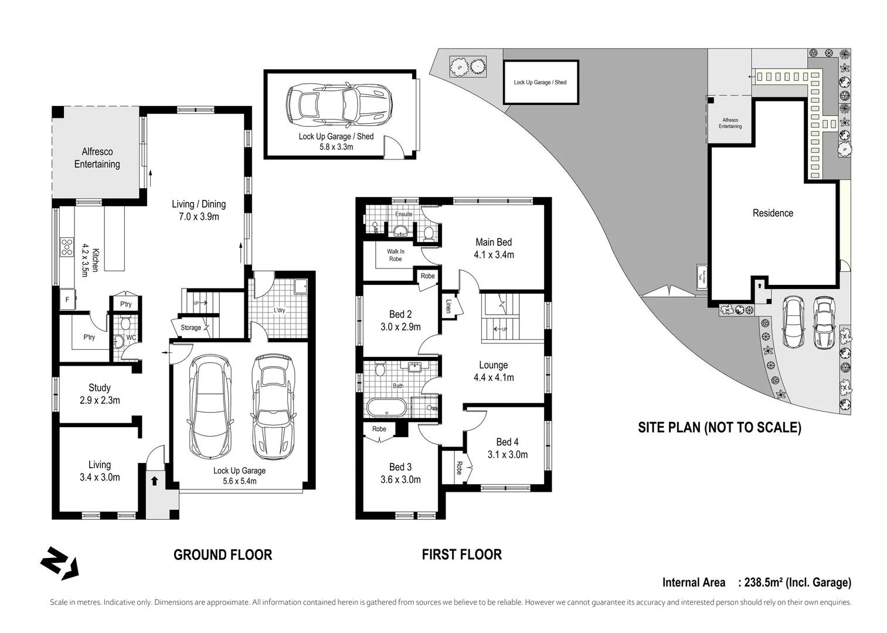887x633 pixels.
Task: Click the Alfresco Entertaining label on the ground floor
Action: [x=97, y=158]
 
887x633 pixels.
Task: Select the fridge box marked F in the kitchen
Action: [x=67, y=300]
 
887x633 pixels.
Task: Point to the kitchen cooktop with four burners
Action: [x=66, y=247]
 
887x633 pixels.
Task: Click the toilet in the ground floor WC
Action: [x=125, y=324]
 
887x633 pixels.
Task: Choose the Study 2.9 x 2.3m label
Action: [x=100, y=394]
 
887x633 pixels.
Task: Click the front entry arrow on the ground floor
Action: [x=154, y=481]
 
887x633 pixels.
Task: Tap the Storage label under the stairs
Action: [x=191, y=328]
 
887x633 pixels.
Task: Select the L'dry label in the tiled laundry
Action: [x=280, y=310]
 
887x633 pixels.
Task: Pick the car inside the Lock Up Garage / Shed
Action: [x=339, y=105]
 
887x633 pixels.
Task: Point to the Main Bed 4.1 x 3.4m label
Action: [x=494, y=248]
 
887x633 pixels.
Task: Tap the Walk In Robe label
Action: [x=396, y=255]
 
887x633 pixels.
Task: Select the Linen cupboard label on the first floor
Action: [x=448, y=306]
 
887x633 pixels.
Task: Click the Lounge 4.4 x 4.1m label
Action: [x=494, y=371]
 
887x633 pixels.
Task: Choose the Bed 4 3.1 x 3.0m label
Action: [x=507, y=448]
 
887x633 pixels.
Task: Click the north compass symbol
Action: [x=59, y=564]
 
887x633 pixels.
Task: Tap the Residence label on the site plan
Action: [x=773, y=213]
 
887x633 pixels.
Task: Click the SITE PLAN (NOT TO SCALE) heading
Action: [x=719, y=427]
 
